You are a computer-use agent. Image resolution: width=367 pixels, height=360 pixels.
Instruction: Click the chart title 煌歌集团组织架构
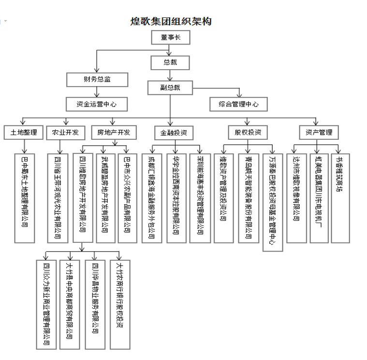(171, 21)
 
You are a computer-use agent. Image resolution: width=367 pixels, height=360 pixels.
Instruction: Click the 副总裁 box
(170, 87)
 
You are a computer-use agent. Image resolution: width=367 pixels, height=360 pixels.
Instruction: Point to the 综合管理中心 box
(238, 104)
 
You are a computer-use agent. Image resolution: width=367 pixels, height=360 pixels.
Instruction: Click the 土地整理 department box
(23, 133)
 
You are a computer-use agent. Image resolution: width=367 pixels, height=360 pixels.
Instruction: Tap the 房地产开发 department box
(113, 133)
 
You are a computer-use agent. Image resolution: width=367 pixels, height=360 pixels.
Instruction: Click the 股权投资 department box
(248, 133)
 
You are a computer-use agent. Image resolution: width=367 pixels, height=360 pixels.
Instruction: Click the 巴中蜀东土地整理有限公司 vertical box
(25, 198)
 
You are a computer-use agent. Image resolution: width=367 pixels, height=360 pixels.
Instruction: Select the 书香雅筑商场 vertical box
(340, 198)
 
